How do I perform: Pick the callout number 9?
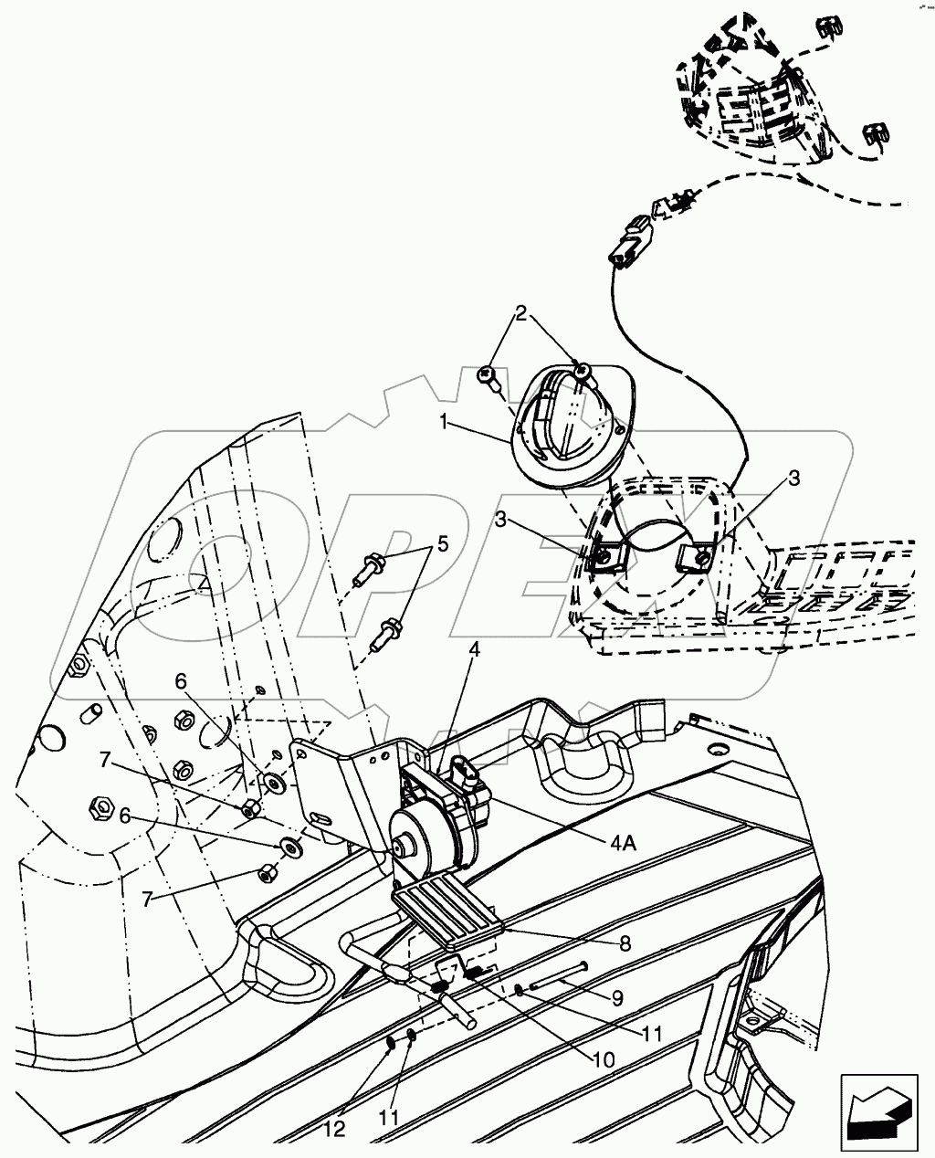[617, 999]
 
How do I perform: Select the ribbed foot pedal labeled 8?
[447, 909]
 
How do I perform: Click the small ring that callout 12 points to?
[391, 1043]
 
